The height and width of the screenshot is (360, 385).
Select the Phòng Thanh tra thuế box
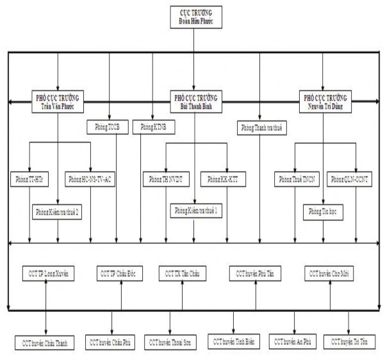[261, 127]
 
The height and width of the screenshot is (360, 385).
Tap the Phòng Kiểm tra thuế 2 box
[58, 210]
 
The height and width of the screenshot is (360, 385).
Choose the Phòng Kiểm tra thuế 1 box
[196, 210]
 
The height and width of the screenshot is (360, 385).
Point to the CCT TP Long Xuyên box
[48, 274]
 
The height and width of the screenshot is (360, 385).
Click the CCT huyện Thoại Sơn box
[170, 342]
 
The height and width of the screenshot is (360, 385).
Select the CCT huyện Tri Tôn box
[350, 342]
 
